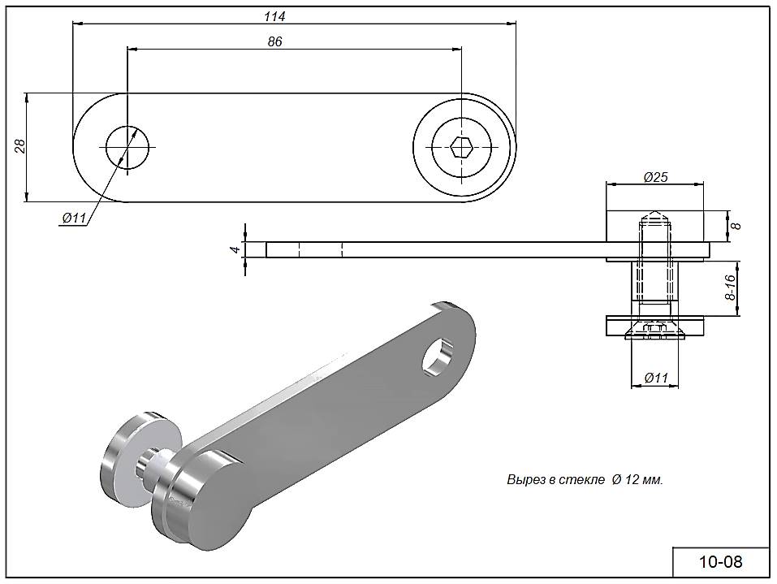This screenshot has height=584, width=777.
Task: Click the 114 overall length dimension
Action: [274, 16]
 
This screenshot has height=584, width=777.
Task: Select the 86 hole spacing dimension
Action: [274, 41]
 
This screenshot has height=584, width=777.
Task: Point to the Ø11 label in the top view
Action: [74, 218]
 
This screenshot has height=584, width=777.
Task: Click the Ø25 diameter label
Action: [654, 177]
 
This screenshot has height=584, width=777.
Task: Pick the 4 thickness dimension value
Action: [234, 250]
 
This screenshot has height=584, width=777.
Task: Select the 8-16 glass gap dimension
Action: [730, 288]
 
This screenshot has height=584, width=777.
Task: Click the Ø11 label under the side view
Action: [654, 378]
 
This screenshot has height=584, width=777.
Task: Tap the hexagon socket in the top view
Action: [462, 148]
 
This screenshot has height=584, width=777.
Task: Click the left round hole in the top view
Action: [127, 148]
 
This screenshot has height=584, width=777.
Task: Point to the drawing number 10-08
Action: [720, 561]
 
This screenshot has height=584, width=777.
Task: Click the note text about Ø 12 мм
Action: [585, 480]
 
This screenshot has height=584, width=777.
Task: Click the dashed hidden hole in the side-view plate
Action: [321, 249]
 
